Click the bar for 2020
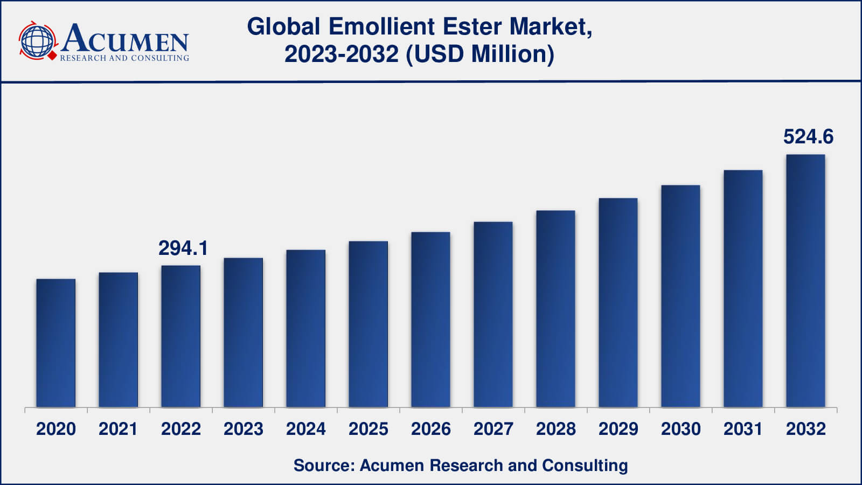point(56,343)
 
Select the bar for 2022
point(181,336)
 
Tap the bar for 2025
point(369,324)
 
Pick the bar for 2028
point(555,309)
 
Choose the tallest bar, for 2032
point(805,281)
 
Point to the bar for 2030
point(680,296)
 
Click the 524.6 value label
point(808,137)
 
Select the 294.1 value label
point(183,248)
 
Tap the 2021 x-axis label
point(119,429)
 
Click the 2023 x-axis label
point(244,429)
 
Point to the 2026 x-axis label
point(431,429)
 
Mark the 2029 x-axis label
point(618,429)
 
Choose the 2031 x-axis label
point(743,429)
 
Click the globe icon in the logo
point(37,40)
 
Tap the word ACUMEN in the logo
point(125,39)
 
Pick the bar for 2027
point(493,314)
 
